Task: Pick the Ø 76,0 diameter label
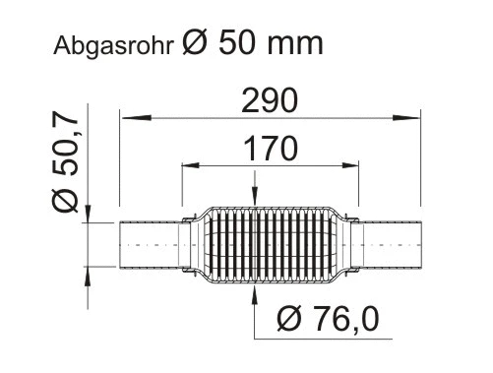pyautogui.click(x=328, y=318)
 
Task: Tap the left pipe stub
pyautogui.click(x=151, y=243)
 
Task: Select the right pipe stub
pyautogui.click(x=393, y=243)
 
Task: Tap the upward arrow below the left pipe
pyautogui.click(x=90, y=273)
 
